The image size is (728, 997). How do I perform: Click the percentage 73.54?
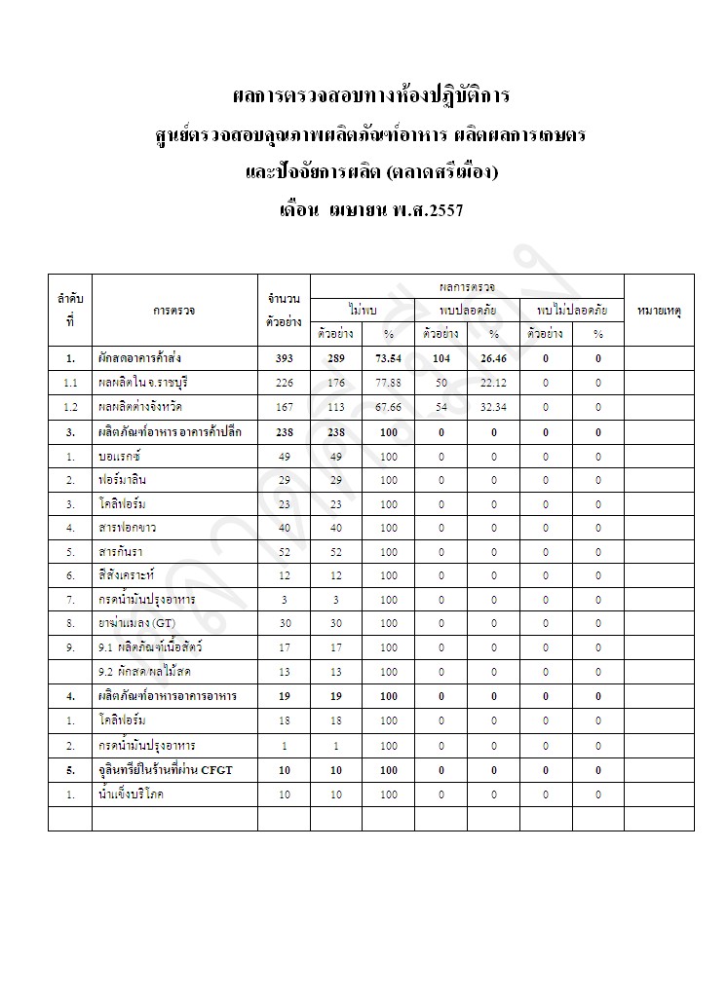coord(388,359)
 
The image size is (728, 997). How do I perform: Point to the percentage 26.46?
coord(493,359)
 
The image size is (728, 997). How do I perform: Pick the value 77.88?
coord(388,383)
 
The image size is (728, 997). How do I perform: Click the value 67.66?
coord(388,407)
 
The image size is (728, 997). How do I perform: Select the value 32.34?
coord(493,407)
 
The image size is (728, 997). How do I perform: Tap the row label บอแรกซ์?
coord(121,456)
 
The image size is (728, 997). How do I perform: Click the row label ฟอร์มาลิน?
coord(123,480)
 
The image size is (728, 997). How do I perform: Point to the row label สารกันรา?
coord(120,552)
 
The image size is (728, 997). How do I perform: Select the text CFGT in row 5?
coord(215,769)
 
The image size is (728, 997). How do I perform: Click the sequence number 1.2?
coord(70,407)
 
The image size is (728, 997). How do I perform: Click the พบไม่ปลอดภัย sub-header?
coord(572,310)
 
